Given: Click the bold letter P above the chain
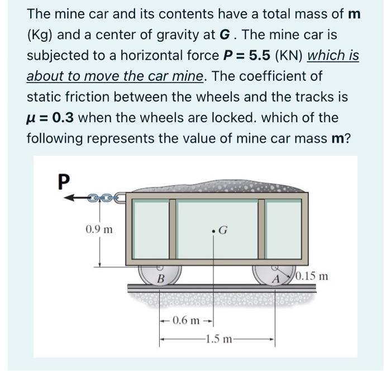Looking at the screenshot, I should pyautogui.click(x=65, y=180).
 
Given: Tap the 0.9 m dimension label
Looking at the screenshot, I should pyautogui.click(x=99, y=229).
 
